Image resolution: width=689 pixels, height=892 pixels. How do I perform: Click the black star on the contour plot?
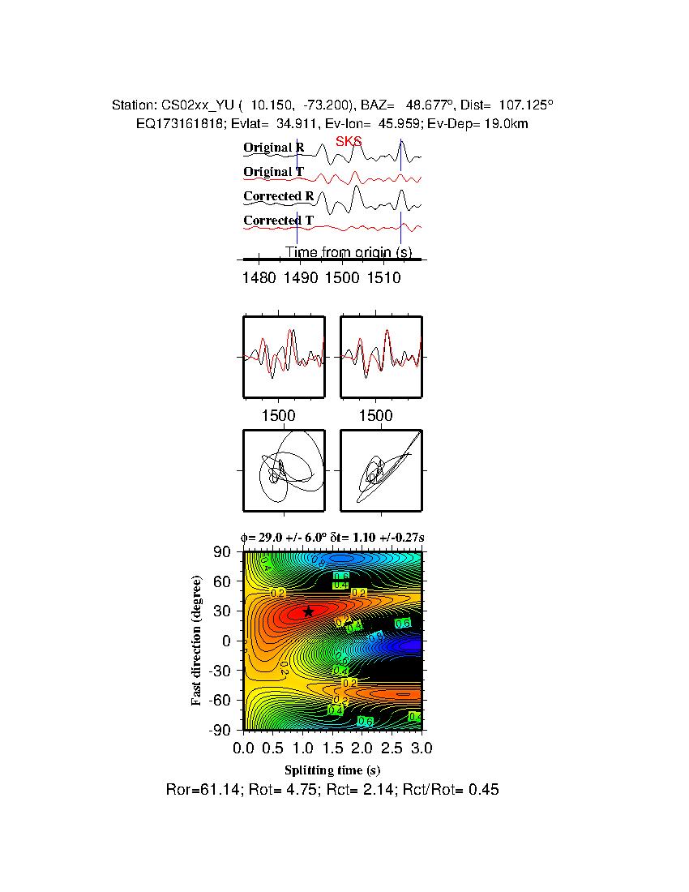(x=308, y=611)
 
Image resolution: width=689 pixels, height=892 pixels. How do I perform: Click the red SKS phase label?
(x=349, y=142)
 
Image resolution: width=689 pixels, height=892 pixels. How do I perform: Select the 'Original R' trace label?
(x=274, y=148)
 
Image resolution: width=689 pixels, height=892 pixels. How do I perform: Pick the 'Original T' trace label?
(x=274, y=172)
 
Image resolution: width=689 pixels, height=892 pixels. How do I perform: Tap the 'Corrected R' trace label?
(x=278, y=196)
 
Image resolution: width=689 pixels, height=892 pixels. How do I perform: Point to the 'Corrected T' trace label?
(x=278, y=221)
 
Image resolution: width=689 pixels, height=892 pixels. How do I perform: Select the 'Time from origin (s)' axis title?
(x=348, y=252)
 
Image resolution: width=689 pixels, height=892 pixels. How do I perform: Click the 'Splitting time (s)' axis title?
(x=332, y=770)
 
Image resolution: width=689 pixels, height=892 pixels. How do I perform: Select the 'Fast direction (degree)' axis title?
(x=197, y=641)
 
